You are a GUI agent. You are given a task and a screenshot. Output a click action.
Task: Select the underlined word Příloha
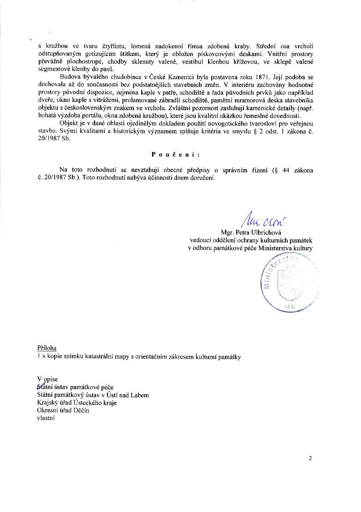pyautogui.click(x=47, y=348)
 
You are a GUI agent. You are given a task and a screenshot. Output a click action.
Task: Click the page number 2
pyautogui.click(x=310, y=458)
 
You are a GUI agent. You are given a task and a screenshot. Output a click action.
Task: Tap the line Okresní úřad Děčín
pyautogui.click(x=63, y=411)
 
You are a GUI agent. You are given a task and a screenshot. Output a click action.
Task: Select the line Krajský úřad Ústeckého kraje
pyautogui.click(x=77, y=403)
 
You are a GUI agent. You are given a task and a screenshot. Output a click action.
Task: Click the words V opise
pyautogui.click(x=48, y=379)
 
